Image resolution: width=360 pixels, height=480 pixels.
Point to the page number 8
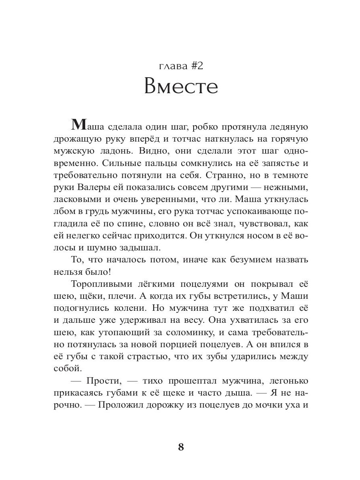coord(181,447)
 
